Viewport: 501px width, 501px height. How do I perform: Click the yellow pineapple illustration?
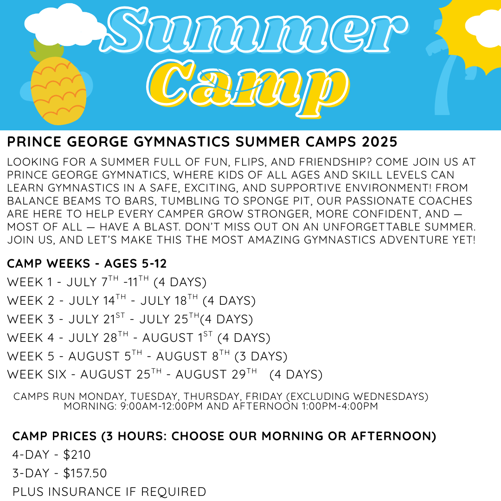tap(58, 91)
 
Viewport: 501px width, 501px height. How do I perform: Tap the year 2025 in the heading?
tap(379, 142)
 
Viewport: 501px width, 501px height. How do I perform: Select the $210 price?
tap(77, 454)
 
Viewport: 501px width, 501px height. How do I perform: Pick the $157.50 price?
tap(85, 473)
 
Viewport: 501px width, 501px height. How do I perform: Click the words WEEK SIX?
tap(37, 374)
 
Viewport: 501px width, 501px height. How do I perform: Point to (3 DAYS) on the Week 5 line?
tap(261, 356)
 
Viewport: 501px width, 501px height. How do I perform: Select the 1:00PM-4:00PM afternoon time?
tap(339, 406)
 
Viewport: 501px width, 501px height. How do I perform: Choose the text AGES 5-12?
tap(135, 263)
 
